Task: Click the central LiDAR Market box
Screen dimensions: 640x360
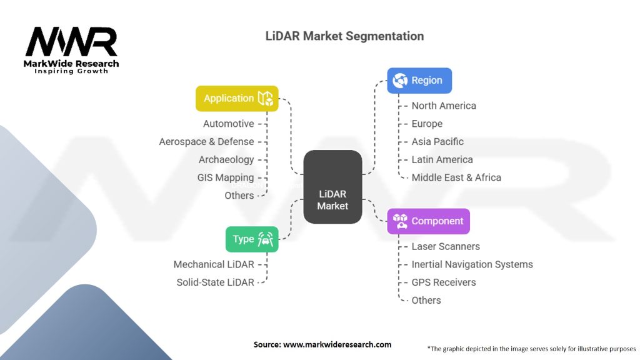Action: tap(332, 187)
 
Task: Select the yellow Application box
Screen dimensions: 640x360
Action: tap(237, 98)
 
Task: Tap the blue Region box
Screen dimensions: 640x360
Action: tap(419, 81)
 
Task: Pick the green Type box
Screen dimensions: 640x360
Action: tap(252, 239)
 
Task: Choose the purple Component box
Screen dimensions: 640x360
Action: tap(429, 221)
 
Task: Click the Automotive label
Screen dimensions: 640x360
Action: tap(229, 124)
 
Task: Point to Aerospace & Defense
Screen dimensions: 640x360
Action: tap(206, 142)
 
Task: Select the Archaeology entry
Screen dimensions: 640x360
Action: tap(226, 159)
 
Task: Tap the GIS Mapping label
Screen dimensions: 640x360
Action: tap(226, 177)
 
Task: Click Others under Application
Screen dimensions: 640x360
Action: tap(239, 196)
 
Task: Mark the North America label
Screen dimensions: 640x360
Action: tap(444, 106)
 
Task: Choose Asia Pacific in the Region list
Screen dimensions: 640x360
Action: tap(437, 142)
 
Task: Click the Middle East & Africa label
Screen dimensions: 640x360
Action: tap(456, 177)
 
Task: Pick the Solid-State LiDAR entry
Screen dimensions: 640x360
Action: tap(216, 282)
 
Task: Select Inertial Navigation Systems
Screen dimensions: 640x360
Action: tap(472, 264)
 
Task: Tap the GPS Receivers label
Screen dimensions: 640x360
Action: tap(444, 282)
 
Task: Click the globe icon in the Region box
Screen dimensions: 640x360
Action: tap(400, 81)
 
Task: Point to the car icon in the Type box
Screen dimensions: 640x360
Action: tap(265, 239)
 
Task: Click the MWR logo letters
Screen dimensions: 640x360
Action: tap(71, 42)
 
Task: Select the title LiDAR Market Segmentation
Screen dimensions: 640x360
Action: tap(345, 36)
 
